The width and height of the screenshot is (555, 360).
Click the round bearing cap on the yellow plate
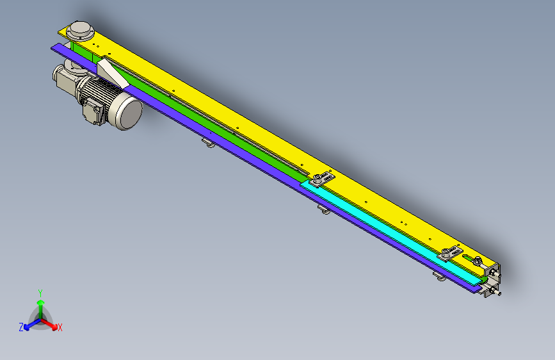click(81, 31)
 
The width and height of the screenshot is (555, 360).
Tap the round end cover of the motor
click(129, 113)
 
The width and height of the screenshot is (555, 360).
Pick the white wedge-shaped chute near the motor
click(112, 74)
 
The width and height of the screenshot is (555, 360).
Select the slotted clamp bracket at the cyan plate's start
click(322, 179)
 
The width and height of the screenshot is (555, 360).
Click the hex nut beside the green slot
click(477, 261)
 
